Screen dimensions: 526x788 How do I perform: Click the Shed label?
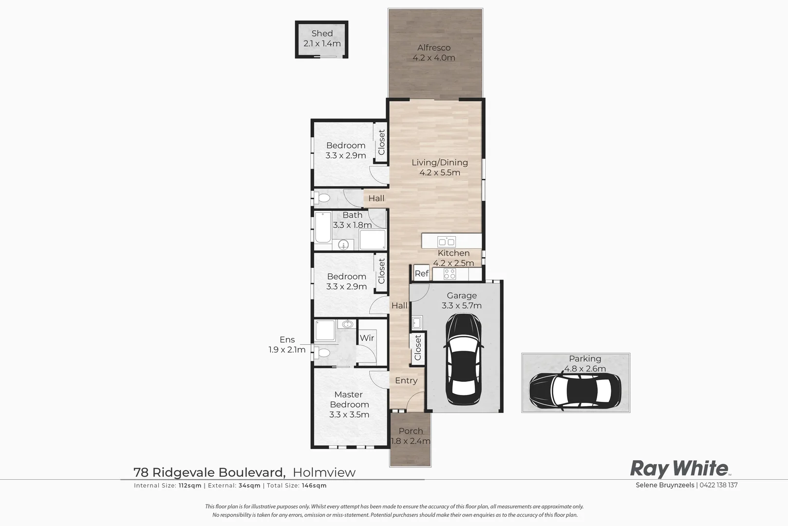[322, 34]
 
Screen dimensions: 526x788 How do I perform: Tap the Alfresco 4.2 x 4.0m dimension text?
[433, 58]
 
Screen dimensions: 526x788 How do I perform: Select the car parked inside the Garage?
[464, 359]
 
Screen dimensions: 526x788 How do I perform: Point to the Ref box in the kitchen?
[421, 274]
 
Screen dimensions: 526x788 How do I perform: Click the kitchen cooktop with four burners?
[450, 274]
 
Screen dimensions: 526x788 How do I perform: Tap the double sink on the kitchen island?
[446, 242]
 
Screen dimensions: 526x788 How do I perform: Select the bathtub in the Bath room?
[323, 227]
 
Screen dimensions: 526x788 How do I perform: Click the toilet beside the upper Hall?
[322, 198]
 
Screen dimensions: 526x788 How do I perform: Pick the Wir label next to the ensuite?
[367, 338]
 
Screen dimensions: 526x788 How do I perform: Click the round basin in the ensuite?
[348, 324]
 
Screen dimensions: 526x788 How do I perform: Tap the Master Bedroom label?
[349, 399]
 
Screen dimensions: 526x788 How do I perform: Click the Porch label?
[411, 431]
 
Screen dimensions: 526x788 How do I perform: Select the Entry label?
[406, 381]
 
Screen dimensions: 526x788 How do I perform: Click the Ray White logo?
[680, 469]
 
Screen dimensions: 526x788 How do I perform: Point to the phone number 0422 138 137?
[719, 485]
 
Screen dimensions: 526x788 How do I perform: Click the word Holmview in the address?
[324, 472]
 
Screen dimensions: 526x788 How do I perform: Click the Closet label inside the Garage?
[417, 348]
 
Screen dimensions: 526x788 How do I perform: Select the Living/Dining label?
[440, 163]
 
